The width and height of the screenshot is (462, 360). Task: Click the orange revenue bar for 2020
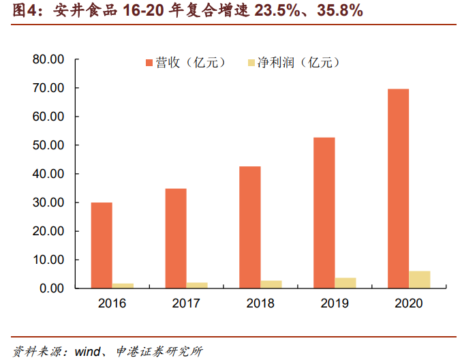[x=398, y=188]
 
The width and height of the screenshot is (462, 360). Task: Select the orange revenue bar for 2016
[x=102, y=245]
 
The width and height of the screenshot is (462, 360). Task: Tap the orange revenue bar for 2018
[x=250, y=227]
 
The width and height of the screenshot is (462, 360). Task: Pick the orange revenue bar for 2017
[x=176, y=238]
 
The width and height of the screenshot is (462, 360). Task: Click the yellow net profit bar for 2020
[x=420, y=280]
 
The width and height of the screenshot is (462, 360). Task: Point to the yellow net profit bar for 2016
[x=123, y=286]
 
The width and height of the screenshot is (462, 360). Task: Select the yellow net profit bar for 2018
[x=271, y=284]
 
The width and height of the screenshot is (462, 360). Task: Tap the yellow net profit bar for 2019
[x=345, y=283]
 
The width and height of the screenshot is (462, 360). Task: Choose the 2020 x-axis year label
[x=408, y=303]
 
